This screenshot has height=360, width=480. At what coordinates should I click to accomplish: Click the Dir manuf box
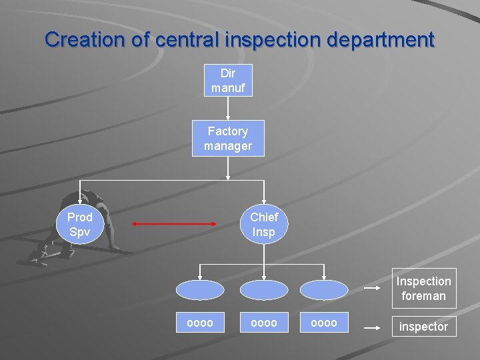(x=228, y=80)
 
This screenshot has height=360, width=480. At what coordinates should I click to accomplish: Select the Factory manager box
(x=228, y=138)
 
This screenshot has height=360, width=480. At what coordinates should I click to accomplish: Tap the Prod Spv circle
(x=80, y=225)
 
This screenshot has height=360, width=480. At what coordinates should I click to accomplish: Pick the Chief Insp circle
(x=264, y=225)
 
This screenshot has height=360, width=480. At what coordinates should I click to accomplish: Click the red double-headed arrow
(x=175, y=225)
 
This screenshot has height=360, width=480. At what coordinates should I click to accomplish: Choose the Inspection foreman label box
(x=423, y=289)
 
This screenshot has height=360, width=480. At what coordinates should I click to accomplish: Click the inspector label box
(x=423, y=327)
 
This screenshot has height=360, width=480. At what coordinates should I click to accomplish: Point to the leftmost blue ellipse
(x=200, y=290)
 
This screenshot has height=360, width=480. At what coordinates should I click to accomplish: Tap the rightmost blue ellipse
(x=324, y=290)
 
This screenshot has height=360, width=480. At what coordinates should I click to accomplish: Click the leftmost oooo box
(x=200, y=323)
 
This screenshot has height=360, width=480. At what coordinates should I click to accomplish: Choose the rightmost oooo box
(x=324, y=323)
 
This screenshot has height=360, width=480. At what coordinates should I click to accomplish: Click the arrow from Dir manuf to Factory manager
(x=228, y=108)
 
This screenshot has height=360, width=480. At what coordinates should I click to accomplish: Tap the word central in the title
(x=186, y=39)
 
